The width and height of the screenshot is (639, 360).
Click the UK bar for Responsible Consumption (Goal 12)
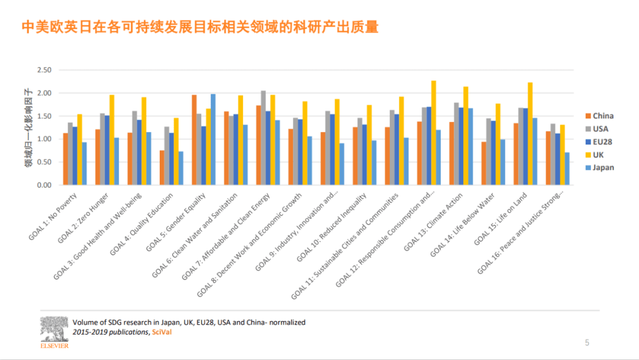coord(434,133)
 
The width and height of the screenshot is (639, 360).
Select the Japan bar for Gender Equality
coord(213,140)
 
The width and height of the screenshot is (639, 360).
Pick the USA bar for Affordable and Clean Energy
coord(263,138)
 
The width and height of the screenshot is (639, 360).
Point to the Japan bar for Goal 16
coord(567,169)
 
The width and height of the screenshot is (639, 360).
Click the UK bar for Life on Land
coord(530,134)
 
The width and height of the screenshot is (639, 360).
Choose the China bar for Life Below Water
coord(485,163)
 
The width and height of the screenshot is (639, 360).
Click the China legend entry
coord(599,116)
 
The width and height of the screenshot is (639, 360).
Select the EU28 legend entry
coord(599,142)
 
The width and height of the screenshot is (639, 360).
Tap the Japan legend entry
coord(599,168)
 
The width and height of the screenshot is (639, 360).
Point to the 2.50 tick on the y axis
coord(44,70)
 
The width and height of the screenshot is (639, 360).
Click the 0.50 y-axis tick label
coord(44,162)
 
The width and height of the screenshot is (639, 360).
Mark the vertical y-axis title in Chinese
coord(27,127)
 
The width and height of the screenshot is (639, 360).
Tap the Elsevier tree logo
coord(54,329)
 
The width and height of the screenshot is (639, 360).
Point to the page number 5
coord(587,342)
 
